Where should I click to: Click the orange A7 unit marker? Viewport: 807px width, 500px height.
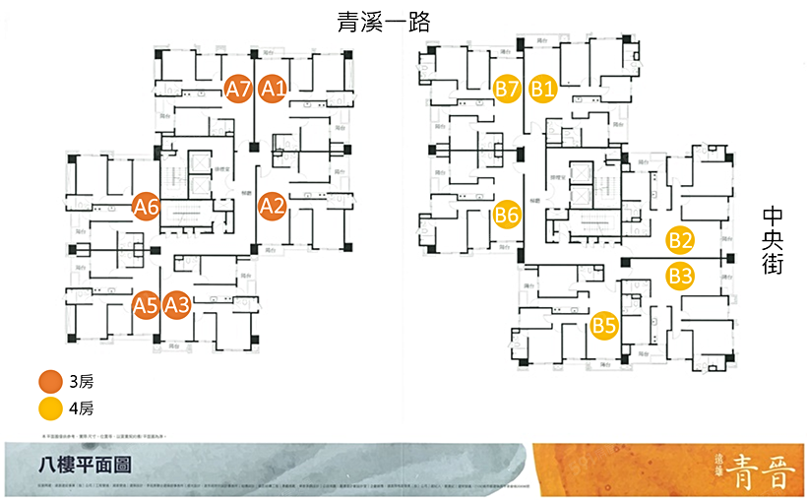pos(238,89)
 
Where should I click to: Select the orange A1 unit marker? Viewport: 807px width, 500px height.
pos(273,89)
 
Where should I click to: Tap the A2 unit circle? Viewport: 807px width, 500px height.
pos(272,206)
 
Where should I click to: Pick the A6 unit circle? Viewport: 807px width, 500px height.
pos(147,207)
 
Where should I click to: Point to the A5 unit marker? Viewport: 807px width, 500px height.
pos(146,305)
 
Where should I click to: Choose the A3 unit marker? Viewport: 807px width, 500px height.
pos(177,305)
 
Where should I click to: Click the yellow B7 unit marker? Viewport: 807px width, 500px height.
pos(507,89)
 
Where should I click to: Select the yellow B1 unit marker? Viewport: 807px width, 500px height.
pos(543,89)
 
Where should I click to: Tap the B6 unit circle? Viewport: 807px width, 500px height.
pos(507,213)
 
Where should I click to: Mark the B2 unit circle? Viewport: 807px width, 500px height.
pos(680,239)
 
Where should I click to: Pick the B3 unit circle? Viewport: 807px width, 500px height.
pos(680,275)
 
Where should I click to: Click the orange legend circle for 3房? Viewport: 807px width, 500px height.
pos(50,381)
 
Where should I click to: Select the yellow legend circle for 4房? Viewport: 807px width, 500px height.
pos(50,406)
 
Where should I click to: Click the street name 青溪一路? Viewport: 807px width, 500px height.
pos(383,22)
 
